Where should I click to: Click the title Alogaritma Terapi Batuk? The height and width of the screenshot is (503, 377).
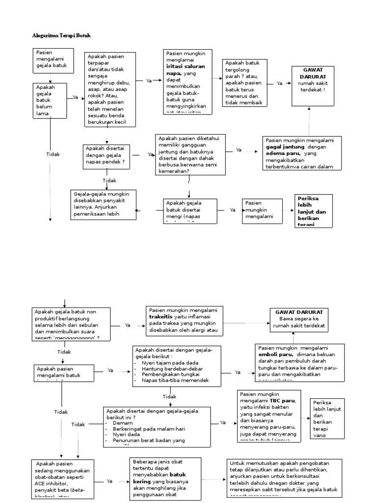[61, 36]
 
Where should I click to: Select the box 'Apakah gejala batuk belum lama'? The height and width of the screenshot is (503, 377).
[50, 101]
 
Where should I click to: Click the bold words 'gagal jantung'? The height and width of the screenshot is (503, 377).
[285, 147]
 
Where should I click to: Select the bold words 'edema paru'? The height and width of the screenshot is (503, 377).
[284, 153]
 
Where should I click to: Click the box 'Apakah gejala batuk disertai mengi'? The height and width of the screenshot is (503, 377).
[189, 210]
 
